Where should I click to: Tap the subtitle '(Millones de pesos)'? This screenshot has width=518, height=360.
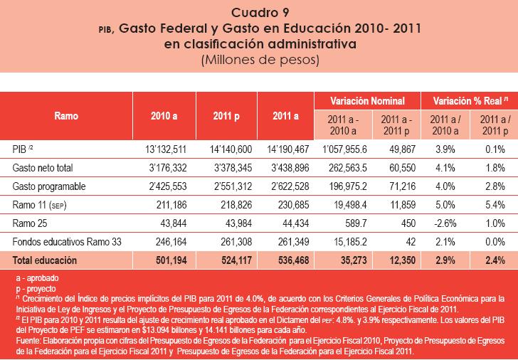coord(259,60)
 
